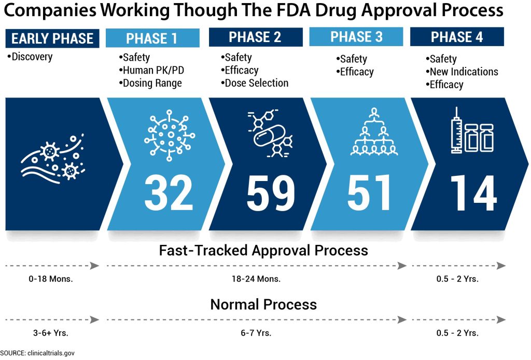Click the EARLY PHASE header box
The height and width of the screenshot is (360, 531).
pyautogui.click(x=52, y=38)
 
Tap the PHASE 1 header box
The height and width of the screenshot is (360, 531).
pyautogui.click(x=152, y=38)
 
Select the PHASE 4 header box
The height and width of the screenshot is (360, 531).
pyautogui.click(x=457, y=37)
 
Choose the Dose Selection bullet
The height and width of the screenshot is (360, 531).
pyautogui.click(x=254, y=83)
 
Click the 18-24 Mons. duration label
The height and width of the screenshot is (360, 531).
pyautogui.click(x=256, y=279)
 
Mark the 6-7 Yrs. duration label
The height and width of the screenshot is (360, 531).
pyautogui.click(x=256, y=333)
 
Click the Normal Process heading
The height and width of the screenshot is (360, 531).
pyautogui.click(x=263, y=304)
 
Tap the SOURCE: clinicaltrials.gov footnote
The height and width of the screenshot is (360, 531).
pyautogui.click(x=37, y=353)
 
